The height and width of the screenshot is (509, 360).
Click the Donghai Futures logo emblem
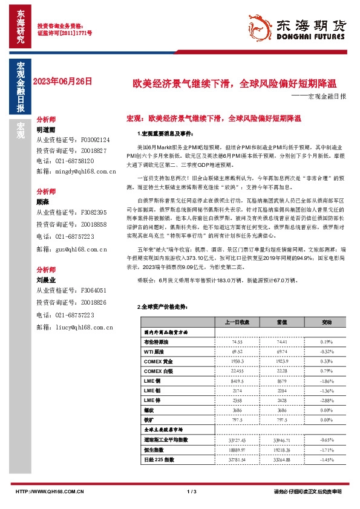click(260, 27)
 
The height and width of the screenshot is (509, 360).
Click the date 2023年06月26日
click(64, 80)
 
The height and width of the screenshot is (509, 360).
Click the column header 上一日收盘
click(237, 322)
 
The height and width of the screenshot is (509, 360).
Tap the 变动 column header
click(327, 322)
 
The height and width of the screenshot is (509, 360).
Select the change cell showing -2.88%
click(327, 400)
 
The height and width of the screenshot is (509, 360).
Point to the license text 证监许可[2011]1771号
click(65, 33)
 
